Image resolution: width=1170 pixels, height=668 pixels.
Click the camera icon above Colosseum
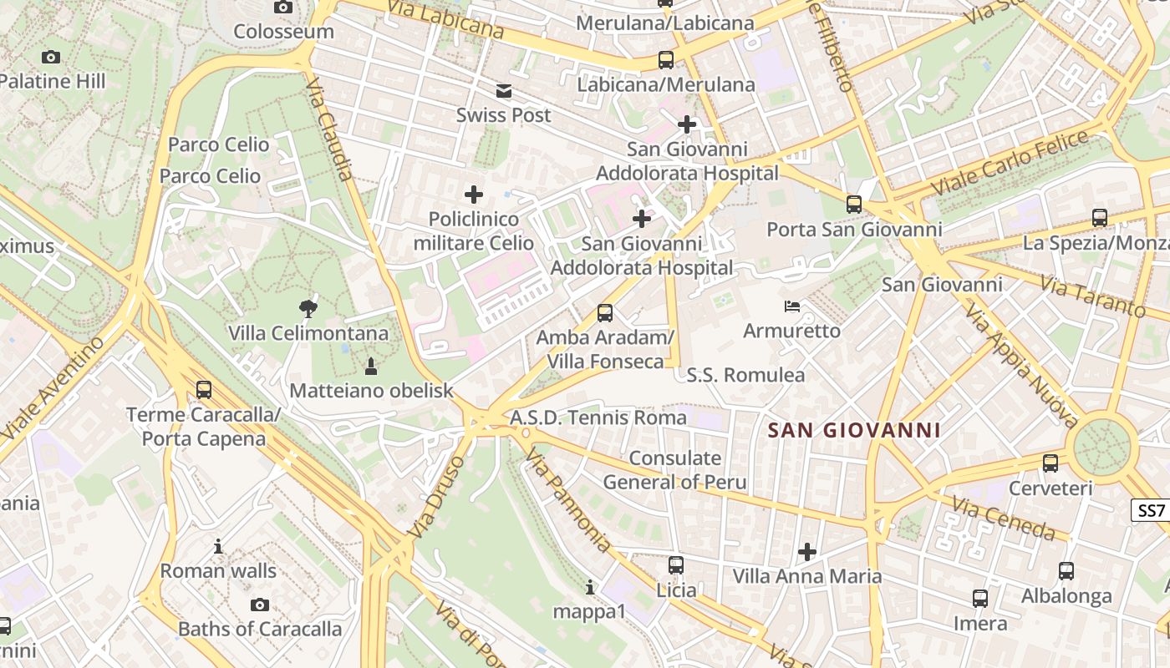point(283,7)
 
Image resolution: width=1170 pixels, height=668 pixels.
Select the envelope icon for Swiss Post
point(504,90)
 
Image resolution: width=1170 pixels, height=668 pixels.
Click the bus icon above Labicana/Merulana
point(665,60)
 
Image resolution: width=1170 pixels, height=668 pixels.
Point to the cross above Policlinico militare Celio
point(474,195)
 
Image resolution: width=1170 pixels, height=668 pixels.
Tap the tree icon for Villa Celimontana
point(308,308)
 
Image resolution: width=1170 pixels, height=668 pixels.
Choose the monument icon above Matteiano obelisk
point(371,366)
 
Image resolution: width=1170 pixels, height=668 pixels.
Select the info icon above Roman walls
point(218,547)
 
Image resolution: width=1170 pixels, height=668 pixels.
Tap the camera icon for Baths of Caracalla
point(260,605)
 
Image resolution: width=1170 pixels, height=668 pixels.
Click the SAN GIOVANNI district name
point(854,431)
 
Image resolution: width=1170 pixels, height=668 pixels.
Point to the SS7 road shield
point(1151,510)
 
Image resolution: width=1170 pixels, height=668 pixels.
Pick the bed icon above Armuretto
point(792,306)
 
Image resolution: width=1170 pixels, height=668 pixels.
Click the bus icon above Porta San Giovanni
point(854,204)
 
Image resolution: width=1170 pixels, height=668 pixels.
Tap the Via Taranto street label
point(1092,296)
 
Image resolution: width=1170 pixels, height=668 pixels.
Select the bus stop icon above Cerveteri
point(1050,463)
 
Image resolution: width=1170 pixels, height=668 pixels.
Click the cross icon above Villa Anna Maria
point(806,551)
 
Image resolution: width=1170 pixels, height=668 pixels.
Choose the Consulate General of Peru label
point(675,470)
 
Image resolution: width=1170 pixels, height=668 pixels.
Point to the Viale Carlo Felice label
point(1010,163)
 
